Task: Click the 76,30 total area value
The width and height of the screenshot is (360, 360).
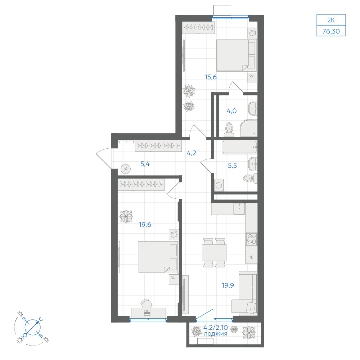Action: point(331,31)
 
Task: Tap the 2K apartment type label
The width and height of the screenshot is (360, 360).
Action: point(331,20)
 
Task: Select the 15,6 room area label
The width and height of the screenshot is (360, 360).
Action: point(211,77)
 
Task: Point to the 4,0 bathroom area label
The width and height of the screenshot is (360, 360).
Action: point(231,111)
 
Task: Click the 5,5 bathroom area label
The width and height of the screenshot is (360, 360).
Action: point(232,166)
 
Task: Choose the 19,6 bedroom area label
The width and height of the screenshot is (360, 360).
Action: point(145,225)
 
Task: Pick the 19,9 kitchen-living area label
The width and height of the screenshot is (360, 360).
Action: point(228,285)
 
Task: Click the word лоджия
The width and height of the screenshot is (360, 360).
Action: point(215,334)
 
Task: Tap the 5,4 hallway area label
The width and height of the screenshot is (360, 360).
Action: point(145,164)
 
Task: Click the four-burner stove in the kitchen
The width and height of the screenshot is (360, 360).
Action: point(251,239)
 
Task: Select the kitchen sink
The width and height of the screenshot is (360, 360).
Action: point(239,209)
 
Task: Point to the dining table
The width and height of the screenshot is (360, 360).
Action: point(214,253)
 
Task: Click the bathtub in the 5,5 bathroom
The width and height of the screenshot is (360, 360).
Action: point(239,147)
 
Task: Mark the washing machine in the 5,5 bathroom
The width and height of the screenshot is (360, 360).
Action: point(219,185)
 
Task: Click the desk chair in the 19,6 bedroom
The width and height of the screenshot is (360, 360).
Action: point(146,303)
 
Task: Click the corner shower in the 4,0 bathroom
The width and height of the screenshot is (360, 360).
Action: point(249,128)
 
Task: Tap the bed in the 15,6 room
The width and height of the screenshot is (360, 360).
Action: point(237,55)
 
